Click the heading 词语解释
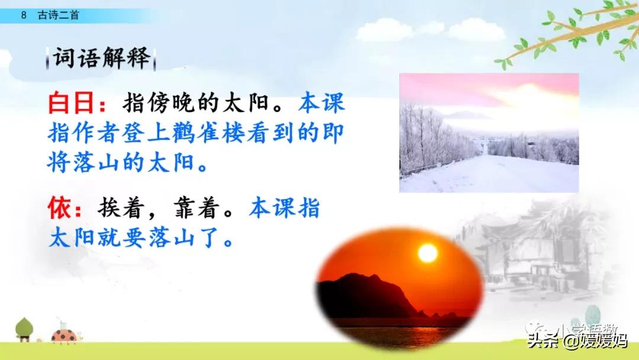(101, 59)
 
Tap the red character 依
(60, 209)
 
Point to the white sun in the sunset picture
(427, 253)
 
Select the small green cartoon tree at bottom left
(24, 329)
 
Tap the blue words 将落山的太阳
(127, 162)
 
